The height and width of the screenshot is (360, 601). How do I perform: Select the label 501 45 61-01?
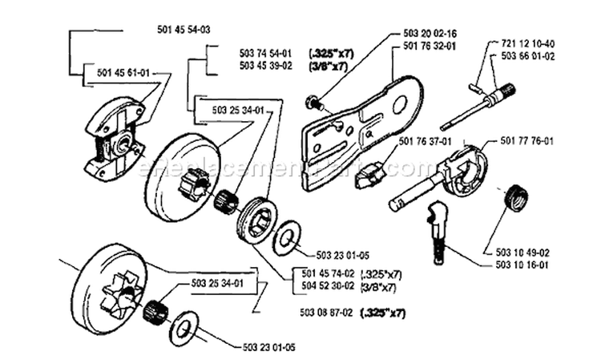116,73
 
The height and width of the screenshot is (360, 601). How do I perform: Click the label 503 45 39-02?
265,65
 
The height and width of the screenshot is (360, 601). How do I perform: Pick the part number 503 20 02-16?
429,34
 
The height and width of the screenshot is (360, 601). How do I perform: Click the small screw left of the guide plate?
313,102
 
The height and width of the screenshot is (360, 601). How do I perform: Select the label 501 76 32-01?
429,46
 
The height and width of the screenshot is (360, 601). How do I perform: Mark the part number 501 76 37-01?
426,142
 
